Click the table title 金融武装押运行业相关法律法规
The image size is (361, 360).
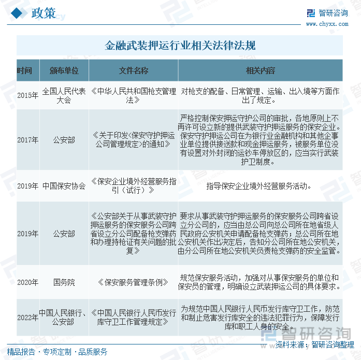(x=180, y=46)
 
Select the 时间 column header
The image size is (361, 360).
(x=24, y=70)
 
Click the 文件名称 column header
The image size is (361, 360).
(x=134, y=70)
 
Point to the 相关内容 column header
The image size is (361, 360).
(x=261, y=70)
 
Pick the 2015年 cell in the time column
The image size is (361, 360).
(x=27, y=95)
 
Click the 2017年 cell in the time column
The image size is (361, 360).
(x=27, y=140)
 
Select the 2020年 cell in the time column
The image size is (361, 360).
(x=27, y=282)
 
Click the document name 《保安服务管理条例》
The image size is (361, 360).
(x=134, y=282)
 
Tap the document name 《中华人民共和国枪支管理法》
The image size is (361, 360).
(x=134, y=95)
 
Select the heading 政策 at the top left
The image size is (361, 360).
(x=44, y=13)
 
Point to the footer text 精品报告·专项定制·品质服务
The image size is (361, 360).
(x=57, y=352)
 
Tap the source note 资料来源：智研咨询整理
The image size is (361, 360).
(x=314, y=344)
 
